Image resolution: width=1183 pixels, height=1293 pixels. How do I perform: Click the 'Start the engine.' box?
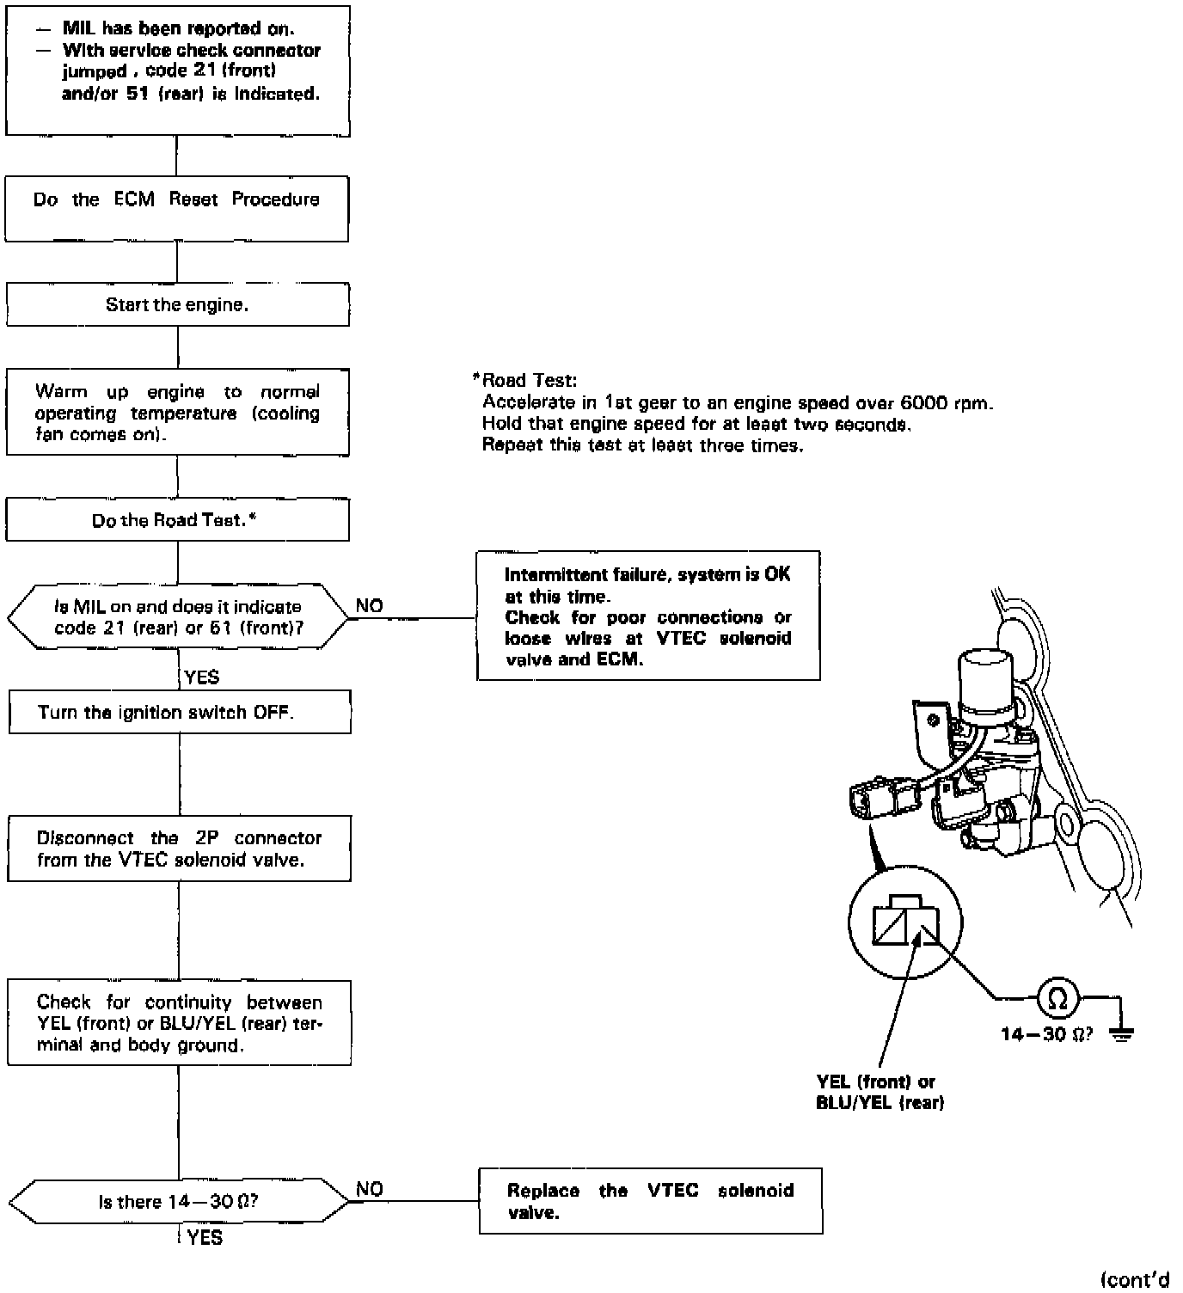[177, 305]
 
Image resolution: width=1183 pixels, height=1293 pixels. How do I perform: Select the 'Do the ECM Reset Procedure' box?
[177, 209]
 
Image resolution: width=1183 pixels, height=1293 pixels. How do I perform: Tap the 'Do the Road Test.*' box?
[177, 520]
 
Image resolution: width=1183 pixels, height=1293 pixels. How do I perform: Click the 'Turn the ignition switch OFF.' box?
[179, 713]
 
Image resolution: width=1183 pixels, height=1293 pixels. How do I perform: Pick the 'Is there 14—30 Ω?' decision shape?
[179, 1201]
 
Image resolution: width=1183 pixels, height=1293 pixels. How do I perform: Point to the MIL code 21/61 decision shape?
[178, 617]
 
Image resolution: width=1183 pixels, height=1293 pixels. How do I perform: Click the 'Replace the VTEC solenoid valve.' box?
[650, 1201]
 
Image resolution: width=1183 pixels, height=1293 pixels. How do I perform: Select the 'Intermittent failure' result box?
[647, 616]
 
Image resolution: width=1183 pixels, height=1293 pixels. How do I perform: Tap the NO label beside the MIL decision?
[370, 606]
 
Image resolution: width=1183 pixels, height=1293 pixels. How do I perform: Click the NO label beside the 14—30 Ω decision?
[370, 1189]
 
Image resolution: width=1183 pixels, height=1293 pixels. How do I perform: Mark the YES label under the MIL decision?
[202, 677]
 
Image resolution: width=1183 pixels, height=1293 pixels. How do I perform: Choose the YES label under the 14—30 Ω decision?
[205, 1237]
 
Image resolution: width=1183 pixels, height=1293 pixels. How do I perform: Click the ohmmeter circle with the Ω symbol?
[1058, 998]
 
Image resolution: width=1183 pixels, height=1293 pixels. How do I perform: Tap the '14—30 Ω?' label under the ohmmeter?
[1046, 1034]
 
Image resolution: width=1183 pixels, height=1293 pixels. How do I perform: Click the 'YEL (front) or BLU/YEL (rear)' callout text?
[880, 1092]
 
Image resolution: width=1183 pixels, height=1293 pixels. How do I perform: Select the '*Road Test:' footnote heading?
[525, 380]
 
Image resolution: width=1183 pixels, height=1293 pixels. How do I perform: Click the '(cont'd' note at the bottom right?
[1135, 1279]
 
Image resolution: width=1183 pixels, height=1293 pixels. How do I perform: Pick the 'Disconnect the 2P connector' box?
[179, 849]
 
